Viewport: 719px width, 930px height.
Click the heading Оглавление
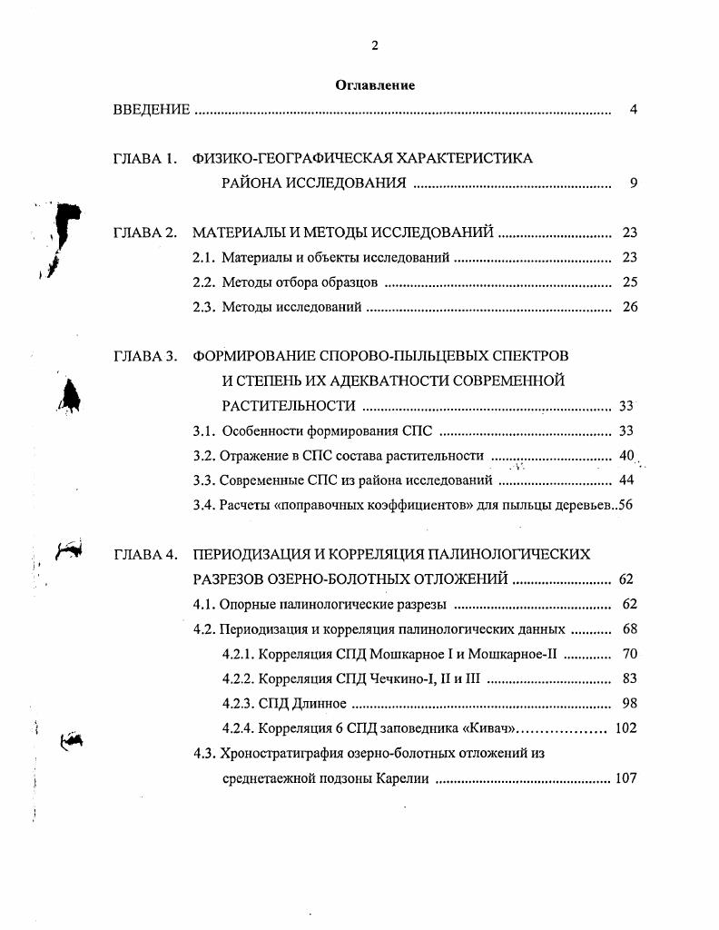[375, 85]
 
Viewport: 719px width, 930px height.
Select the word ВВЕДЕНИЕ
[152, 110]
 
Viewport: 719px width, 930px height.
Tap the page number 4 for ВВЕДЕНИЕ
[634, 110]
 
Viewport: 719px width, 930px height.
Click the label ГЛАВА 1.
[144, 158]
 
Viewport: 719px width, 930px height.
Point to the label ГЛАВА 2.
[144, 232]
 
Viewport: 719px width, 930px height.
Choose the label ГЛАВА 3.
[144, 356]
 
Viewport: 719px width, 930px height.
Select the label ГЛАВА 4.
[144, 553]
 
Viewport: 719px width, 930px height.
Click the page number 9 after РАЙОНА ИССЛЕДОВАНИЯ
[634, 183]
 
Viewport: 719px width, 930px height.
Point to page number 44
[625, 480]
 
